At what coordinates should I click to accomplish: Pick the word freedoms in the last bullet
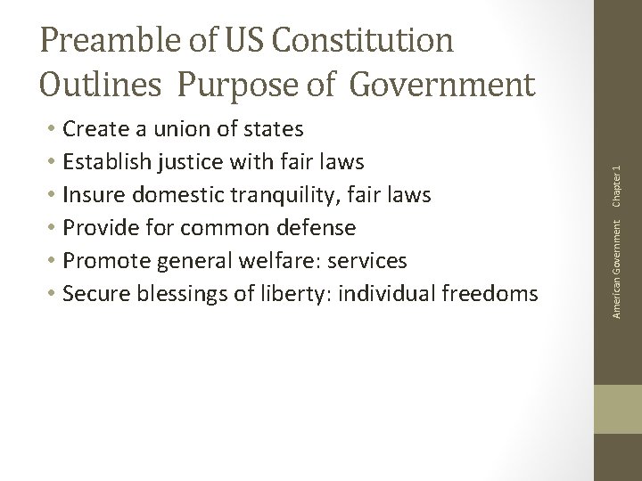(x=494, y=294)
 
